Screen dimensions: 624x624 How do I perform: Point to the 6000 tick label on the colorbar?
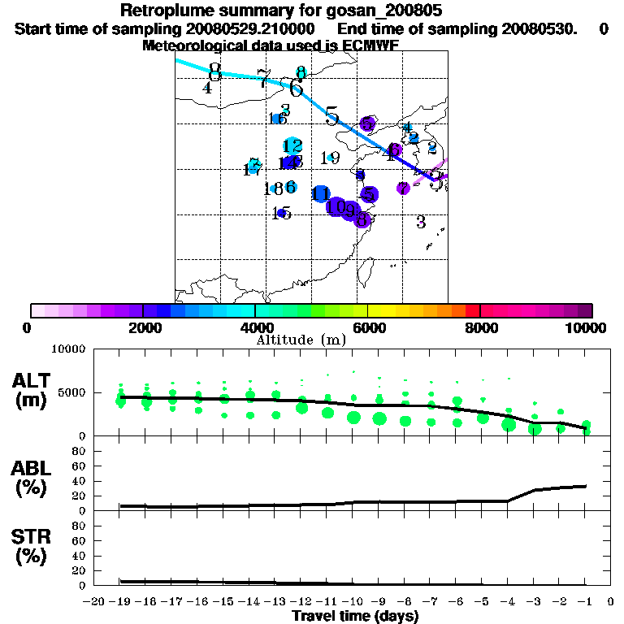tap(367, 327)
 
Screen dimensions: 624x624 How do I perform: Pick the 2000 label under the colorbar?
tap(142, 327)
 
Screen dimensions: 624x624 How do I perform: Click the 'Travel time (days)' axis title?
tap(355, 617)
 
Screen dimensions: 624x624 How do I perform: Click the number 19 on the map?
tap(330, 158)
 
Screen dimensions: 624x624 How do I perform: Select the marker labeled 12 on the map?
tap(292, 146)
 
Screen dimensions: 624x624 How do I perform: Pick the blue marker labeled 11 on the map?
tap(321, 194)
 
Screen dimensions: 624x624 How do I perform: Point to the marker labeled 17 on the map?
tap(253, 167)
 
